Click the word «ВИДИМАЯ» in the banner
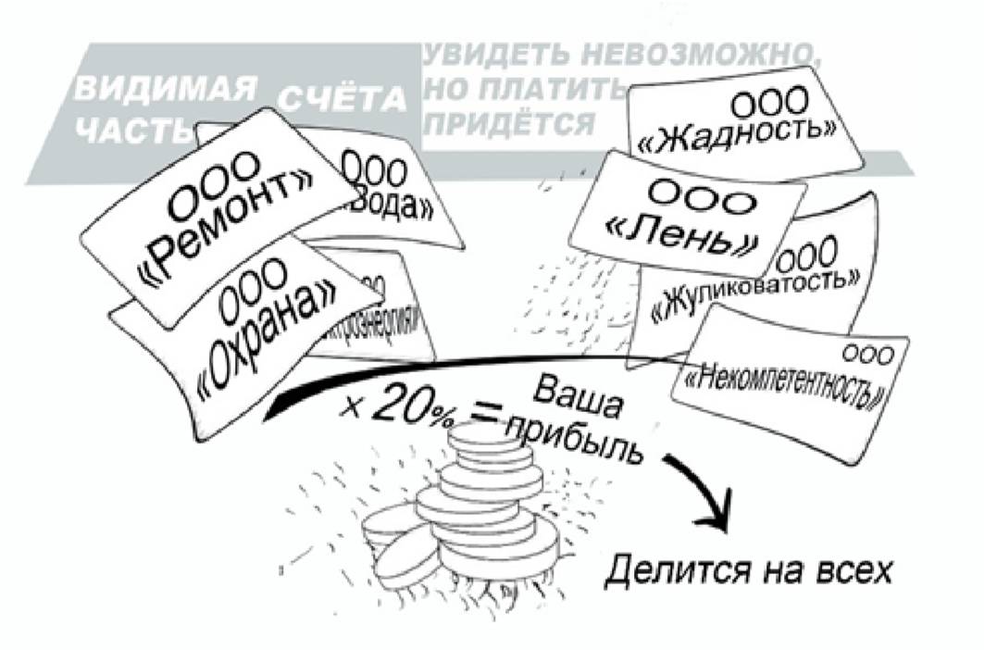coord(165,90)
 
